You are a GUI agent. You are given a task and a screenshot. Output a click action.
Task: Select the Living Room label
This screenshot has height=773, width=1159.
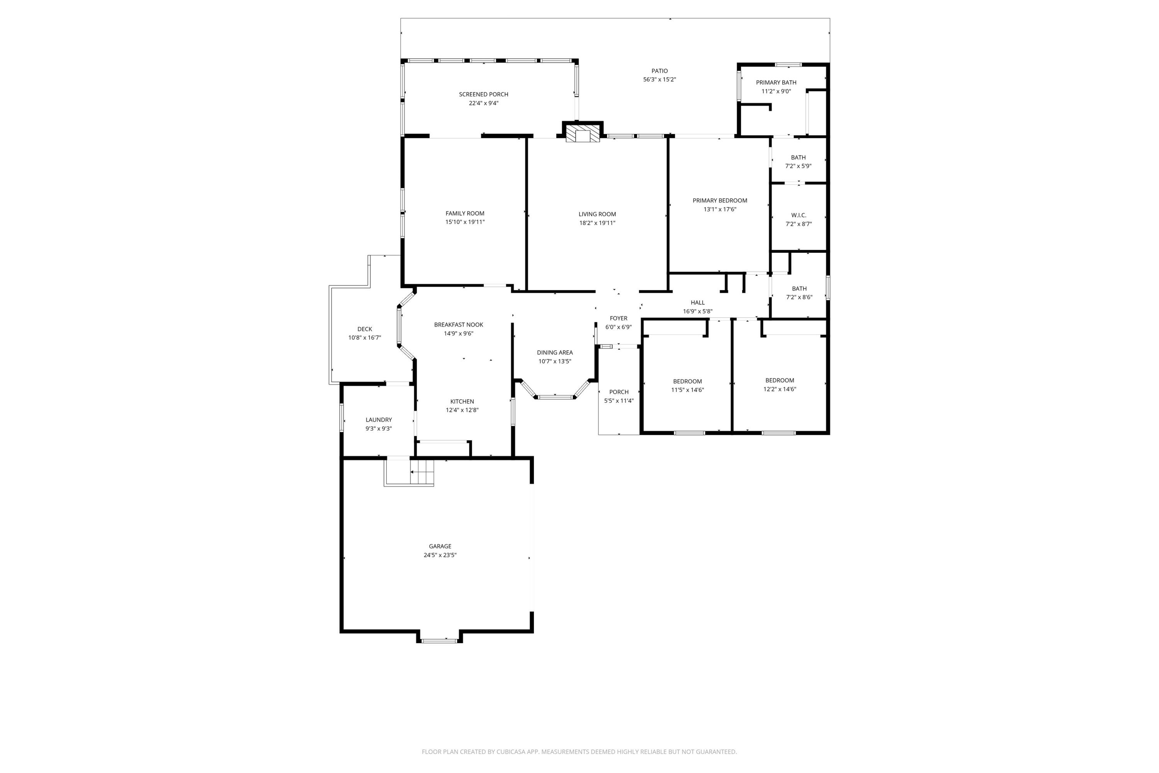point(597,214)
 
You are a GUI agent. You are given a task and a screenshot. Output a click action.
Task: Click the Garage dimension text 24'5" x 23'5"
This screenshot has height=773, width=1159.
point(440,555)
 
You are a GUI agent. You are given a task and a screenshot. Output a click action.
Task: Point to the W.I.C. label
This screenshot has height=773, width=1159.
point(798,215)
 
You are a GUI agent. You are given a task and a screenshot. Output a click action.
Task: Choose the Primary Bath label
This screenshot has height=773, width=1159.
point(776,82)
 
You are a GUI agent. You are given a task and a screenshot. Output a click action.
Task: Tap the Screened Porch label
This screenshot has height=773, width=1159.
point(483,94)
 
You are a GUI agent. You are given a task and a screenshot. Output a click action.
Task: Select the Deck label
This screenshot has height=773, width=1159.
point(364,329)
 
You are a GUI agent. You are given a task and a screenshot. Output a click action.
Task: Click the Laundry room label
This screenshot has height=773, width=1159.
point(379,419)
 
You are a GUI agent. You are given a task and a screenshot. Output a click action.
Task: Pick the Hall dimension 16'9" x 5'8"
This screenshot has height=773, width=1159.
point(697,311)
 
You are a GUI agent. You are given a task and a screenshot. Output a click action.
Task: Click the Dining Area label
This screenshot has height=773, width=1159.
point(554,352)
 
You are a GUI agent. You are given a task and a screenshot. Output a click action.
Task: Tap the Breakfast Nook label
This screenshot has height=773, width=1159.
point(458,324)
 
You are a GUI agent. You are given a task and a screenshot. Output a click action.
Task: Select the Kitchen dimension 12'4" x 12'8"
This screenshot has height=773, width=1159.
point(462,410)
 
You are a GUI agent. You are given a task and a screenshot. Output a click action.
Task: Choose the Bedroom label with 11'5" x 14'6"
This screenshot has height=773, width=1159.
point(687,381)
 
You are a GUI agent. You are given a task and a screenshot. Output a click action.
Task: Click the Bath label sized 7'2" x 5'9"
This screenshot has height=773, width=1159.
point(798,157)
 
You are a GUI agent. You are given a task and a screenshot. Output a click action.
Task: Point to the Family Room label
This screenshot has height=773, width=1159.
point(465,213)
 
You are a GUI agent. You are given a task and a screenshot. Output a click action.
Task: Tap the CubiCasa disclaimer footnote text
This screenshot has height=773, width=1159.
point(579,751)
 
